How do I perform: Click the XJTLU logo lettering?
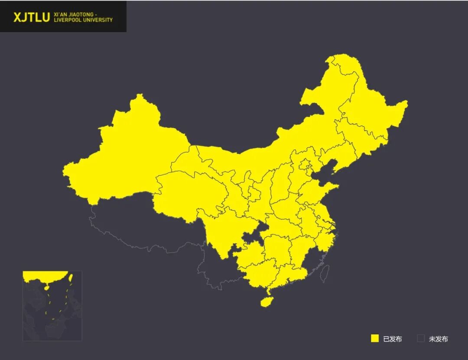tap(31, 17)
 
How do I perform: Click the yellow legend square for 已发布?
tap(375, 338)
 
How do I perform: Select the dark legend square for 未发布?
tap(421, 338)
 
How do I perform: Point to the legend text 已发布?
tap(393, 339)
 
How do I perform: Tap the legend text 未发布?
tap(439, 339)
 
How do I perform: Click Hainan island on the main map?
tap(266, 301)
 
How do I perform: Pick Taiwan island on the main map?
tap(325, 273)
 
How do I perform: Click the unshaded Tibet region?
tap(143, 225)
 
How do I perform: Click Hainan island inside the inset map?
tap(47, 287)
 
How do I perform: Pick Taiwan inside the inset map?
tap(71, 277)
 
